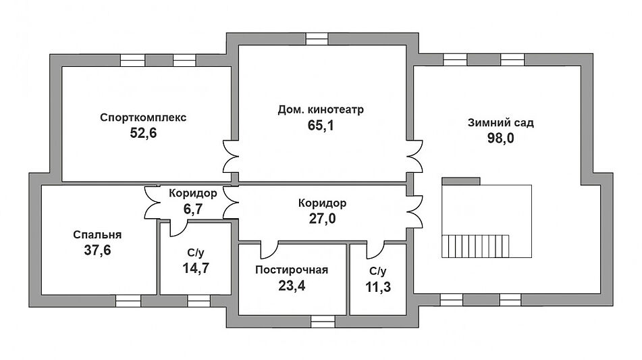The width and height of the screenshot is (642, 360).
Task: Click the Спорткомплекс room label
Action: (x=143, y=117)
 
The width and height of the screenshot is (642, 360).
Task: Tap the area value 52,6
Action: (x=143, y=133)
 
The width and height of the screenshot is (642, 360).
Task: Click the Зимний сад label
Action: (x=500, y=123)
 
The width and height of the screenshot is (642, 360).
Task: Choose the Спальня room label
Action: (x=97, y=235)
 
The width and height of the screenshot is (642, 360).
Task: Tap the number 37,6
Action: (x=97, y=251)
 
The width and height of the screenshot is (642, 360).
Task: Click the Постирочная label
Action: (x=292, y=270)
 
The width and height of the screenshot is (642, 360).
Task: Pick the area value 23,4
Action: (x=292, y=286)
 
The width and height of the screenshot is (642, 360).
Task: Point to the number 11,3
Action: (x=377, y=287)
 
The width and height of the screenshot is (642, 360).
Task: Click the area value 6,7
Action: (x=192, y=209)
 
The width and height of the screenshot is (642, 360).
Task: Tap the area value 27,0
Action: (x=322, y=219)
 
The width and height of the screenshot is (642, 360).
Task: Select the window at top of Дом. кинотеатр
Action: (x=316, y=38)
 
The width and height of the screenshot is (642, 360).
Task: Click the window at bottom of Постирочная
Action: (x=323, y=322)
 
